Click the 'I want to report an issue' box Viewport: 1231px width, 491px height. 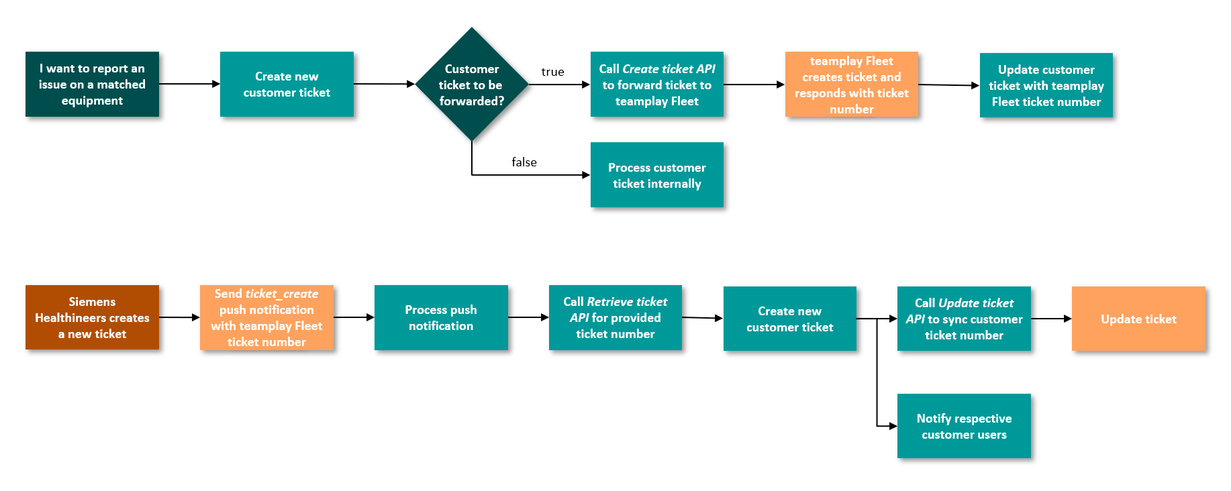[x=92, y=85]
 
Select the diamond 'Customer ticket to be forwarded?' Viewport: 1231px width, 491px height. [x=472, y=85]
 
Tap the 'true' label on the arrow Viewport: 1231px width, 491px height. [x=552, y=72]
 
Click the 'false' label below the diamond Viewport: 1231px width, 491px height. [x=524, y=162]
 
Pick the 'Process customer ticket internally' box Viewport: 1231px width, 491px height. [x=656, y=175]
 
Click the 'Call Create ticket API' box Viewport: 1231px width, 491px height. [x=656, y=85]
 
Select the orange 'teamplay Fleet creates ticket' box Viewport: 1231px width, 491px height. [x=851, y=85]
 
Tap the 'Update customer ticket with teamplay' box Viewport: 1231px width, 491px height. [x=1046, y=85]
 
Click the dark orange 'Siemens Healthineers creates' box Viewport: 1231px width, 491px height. [x=92, y=317]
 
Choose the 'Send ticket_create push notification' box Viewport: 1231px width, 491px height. [x=266, y=317]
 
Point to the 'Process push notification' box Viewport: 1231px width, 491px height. [x=441, y=317]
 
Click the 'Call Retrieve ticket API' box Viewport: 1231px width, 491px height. [x=615, y=317]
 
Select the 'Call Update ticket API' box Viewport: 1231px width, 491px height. [x=964, y=319]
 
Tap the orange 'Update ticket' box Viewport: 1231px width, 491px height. [x=1138, y=319]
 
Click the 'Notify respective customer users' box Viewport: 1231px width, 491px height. [x=964, y=426]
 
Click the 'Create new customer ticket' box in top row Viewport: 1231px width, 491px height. [x=287, y=85]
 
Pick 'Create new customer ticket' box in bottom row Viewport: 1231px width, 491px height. [x=789, y=319]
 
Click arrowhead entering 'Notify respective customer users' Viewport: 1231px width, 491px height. [x=893, y=426]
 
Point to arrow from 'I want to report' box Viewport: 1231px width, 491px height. [x=189, y=84]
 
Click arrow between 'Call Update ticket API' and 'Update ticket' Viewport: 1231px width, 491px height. [x=1051, y=319]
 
